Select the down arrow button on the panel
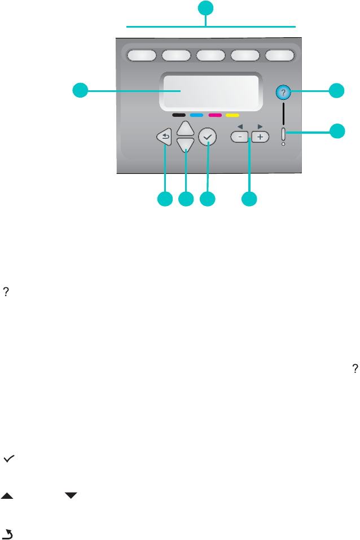point(185,146)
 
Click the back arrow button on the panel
point(164,137)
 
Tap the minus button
point(240,137)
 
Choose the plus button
point(260,137)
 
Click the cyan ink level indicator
point(197,115)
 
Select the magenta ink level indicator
point(214,115)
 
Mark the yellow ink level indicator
point(232,115)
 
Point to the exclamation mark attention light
point(283,135)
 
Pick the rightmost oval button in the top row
point(280,55)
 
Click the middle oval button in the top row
point(210,55)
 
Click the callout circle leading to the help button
point(337,90)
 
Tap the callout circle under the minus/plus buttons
point(249,199)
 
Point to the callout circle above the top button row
point(207,8)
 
